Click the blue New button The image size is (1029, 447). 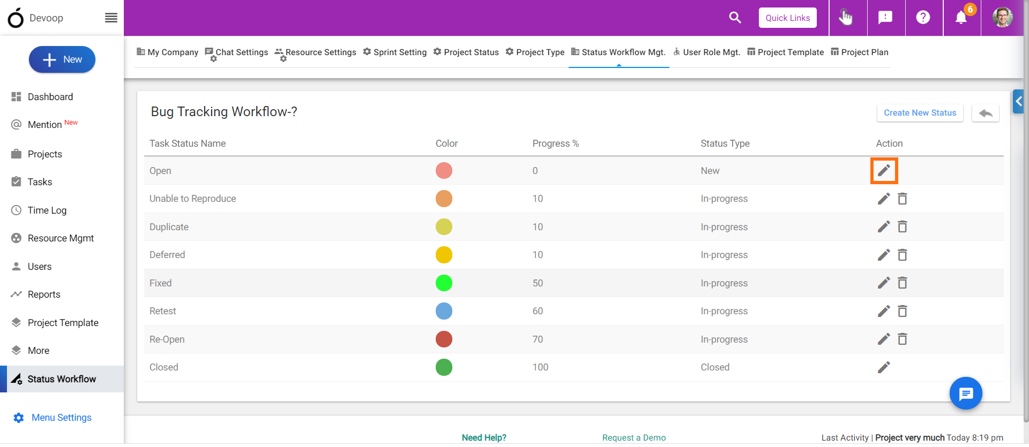click(62, 59)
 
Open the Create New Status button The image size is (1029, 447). click(920, 113)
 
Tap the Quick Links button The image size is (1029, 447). click(787, 18)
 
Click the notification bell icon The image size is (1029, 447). click(961, 18)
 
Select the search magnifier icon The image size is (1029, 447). click(735, 18)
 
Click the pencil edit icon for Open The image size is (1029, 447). click(884, 171)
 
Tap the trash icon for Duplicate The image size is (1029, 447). click(903, 227)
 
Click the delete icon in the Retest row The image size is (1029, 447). click(903, 311)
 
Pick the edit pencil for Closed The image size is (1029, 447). click(884, 367)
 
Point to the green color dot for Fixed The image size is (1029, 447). click(444, 283)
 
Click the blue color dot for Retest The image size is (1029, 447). click(444, 311)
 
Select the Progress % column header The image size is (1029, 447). click(556, 143)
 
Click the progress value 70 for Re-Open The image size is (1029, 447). click(538, 339)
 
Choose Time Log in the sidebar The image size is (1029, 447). click(47, 210)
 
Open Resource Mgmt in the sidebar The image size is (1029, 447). click(61, 238)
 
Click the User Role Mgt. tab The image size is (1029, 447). click(707, 52)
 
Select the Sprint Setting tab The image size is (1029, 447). click(394, 52)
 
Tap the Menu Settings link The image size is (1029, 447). click(61, 418)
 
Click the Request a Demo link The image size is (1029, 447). click(634, 438)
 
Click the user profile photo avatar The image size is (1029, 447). click(1003, 18)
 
